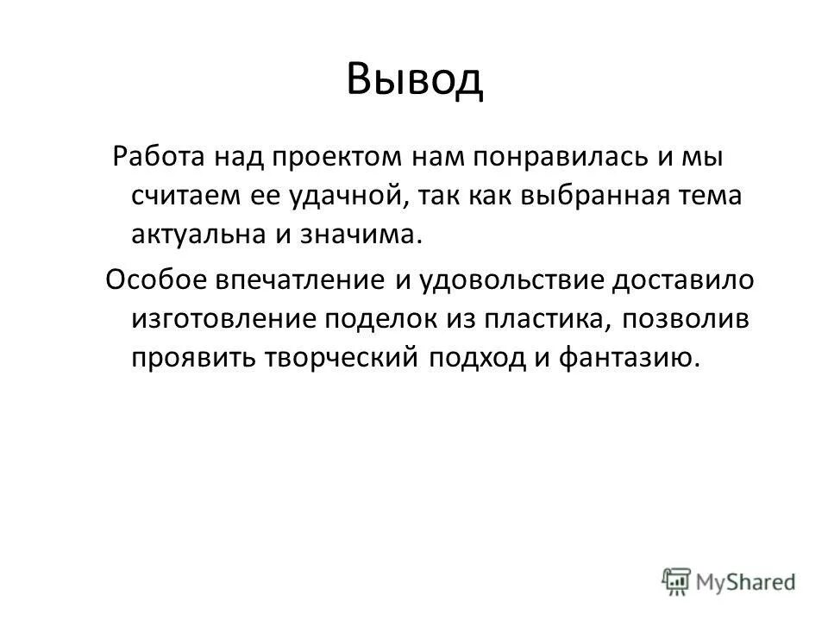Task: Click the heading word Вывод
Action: (415, 81)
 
